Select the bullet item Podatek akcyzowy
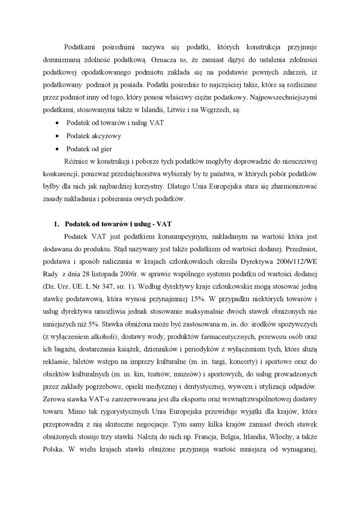pos(94,135)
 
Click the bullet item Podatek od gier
pos(90,149)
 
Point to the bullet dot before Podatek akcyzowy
pos(57,136)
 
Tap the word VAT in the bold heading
pos(164,223)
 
